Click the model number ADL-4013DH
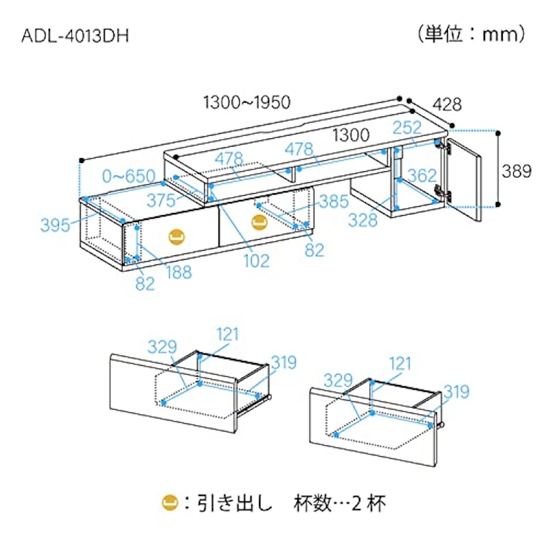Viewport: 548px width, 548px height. pos(75,36)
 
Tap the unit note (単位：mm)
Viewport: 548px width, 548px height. pos(472,35)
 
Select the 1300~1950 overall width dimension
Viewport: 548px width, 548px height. pos(247,102)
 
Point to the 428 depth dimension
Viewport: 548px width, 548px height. pos(447,104)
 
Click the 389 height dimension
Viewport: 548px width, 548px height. pos(516,171)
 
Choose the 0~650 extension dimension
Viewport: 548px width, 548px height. pos(129,176)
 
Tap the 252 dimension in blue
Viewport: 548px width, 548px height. pos(407,127)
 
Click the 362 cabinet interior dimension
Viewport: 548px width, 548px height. pos(422,175)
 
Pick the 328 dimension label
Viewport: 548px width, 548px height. pos(363,220)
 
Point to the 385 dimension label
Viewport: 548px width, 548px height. pos(334,201)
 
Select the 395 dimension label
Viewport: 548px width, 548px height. pos(55,225)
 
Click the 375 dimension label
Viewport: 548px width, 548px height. pos(161,201)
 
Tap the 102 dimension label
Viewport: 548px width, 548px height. pos(256,261)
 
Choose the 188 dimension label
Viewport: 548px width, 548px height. pos(179,272)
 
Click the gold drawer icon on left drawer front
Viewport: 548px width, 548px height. pos(177,237)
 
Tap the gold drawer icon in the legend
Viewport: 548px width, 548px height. pos(170,503)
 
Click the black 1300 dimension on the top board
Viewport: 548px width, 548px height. pos(351,135)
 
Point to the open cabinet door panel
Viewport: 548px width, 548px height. pos(464,180)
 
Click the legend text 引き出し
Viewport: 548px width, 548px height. pos(234,503)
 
